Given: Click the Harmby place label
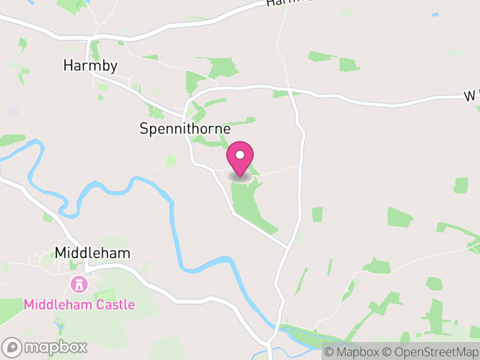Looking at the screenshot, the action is point(90,65).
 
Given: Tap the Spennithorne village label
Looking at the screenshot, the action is point(185,128).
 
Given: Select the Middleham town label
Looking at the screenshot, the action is point(92,253).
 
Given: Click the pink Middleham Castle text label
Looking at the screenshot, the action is point(79,305).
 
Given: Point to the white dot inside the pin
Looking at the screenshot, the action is point(240,155).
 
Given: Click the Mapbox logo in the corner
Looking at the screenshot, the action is point(46,347).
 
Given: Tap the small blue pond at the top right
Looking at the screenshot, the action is point(436,14).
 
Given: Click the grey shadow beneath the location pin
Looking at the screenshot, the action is point(241,176).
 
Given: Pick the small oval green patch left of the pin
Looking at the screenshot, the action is point(171,161).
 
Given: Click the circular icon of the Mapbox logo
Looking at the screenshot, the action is point(13,347).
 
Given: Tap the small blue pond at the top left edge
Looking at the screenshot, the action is point(88,2).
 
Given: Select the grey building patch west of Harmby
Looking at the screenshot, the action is point(13,111).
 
